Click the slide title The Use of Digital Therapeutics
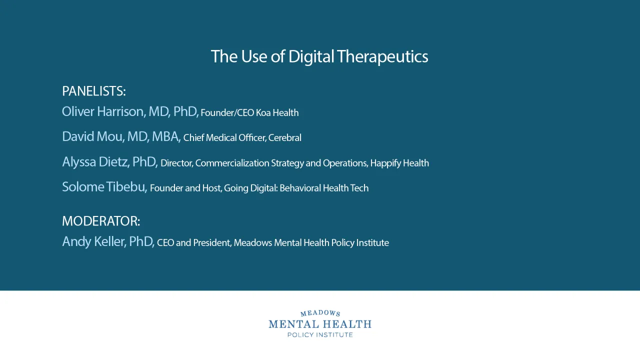pos(319,56)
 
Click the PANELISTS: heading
pos(93,91)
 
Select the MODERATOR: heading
pos(101,221)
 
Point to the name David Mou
pos(92,136)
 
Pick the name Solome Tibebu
pos(104,187)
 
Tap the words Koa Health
pos(277,113)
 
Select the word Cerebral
pos(285,138)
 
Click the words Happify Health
pos(399,163)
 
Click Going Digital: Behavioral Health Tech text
pos(296,188)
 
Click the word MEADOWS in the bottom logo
pos(320,313)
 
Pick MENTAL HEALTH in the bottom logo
pos(320,324)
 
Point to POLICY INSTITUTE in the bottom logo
pos(320,334)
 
